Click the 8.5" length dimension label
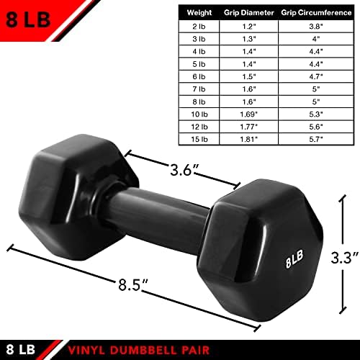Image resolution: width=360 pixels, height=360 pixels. [133, 284]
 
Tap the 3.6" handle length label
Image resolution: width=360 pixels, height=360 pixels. [184, 170]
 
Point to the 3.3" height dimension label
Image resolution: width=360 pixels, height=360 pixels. [345, 258]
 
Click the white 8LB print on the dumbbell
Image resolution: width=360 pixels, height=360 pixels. [294, 259]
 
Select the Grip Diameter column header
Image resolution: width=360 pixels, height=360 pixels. [249, 13]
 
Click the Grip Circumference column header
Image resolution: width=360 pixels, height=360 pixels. [316, 13]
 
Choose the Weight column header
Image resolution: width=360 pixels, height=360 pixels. [199, 13]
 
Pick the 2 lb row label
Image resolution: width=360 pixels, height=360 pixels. [199, 27]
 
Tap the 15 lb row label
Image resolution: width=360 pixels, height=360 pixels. [199, 139]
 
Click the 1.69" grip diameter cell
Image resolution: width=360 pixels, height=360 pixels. [249, 114]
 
